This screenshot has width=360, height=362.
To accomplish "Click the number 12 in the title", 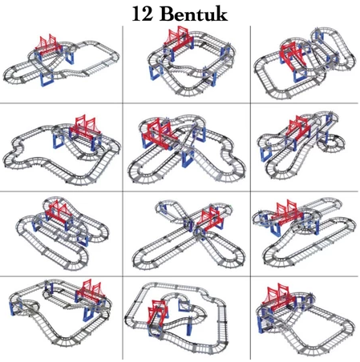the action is (x=142, y=14).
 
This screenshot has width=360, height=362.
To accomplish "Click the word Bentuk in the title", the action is (x=194, y=14).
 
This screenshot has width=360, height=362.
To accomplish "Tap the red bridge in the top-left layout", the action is (x=47, y=46).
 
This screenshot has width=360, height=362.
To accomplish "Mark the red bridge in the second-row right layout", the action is (x=298, y=128).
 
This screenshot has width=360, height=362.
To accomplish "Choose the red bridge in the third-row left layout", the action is (x=59, y=211).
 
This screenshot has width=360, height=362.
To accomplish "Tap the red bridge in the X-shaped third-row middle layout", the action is (x=210, y=219).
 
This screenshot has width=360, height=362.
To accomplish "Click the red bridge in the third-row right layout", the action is (x=286, y=211).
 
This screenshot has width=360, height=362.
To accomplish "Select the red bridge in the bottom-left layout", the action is (x=91, y=292).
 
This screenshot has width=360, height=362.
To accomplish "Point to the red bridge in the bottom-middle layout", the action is (x=157, y=312).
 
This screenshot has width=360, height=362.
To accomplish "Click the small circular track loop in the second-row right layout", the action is (x=331, y=144).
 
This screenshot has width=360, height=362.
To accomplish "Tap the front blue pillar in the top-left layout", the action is (x=47, y=78).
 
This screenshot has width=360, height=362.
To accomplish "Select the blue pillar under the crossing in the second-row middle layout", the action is (x=188, y=159).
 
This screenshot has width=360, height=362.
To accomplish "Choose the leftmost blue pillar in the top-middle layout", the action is (x=156, y=71).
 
